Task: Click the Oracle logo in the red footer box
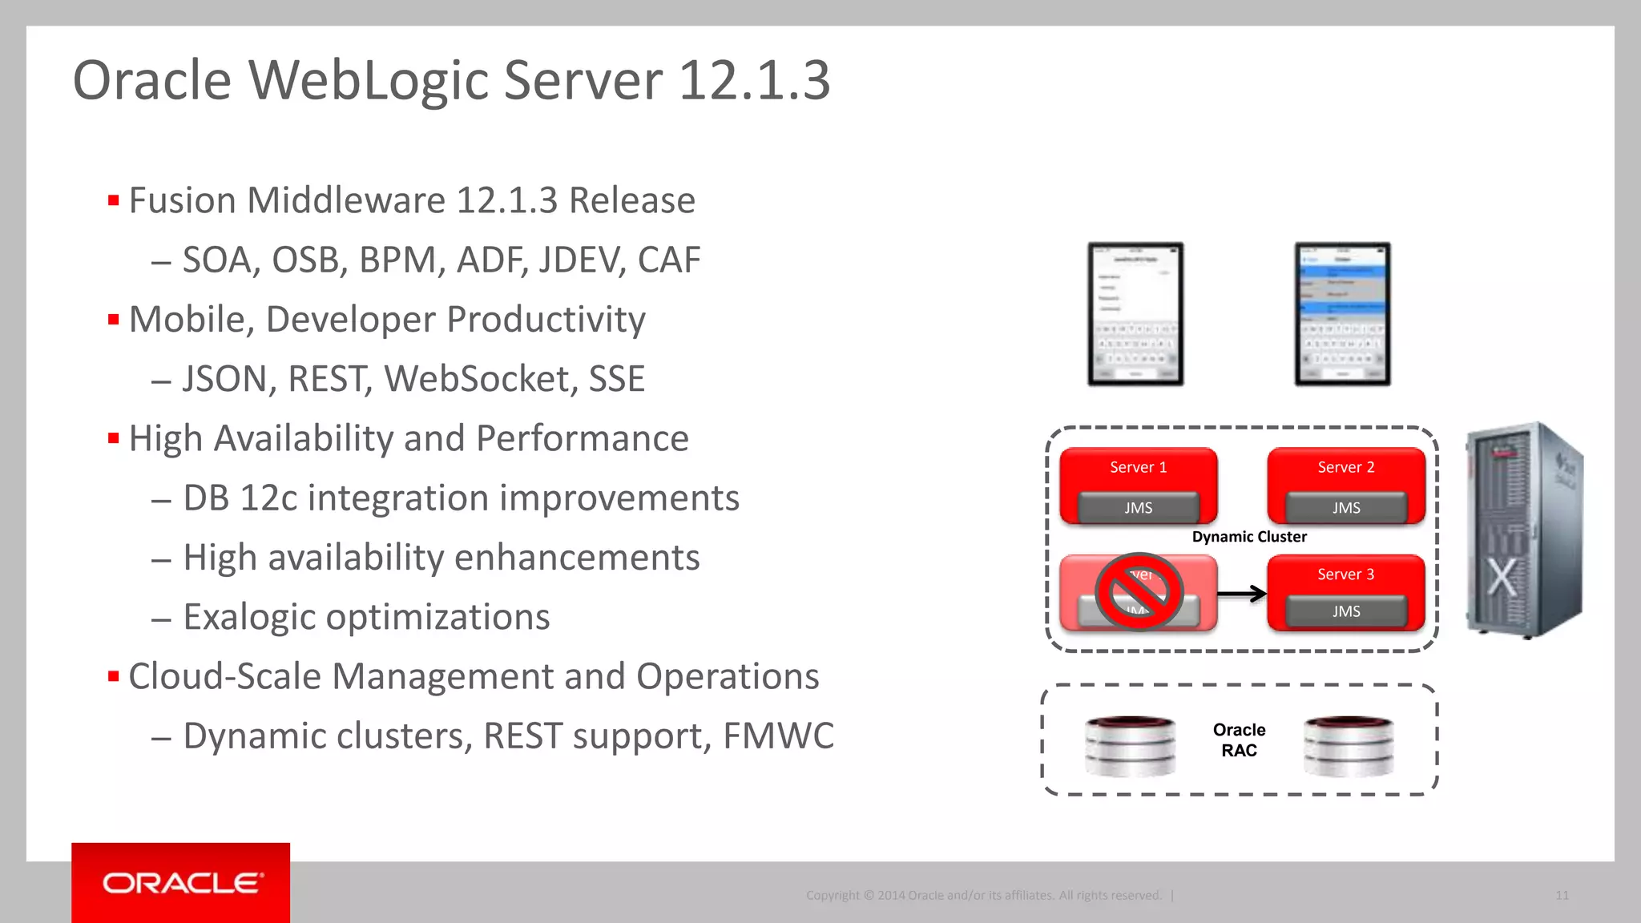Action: [182, 883]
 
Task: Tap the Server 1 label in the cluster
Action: [1138, 467]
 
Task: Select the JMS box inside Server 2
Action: [1346, 508]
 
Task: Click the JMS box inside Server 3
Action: [1346, 611]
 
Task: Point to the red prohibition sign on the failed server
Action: [1139, 592]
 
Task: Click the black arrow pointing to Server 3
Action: [1242, 594]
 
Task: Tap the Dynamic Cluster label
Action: [1249, 537]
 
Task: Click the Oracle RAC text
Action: [1239, 740]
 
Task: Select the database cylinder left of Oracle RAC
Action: [1130, 746]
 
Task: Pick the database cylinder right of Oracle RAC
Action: [1349, 746]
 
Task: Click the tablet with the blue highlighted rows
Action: [1342, 314]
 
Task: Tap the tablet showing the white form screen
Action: [1135, 314]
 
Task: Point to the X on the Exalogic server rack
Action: [1502, 577]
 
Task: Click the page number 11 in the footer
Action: [1562, 895]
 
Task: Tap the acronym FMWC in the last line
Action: [778, 736]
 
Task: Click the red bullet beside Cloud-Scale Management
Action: [113, 677]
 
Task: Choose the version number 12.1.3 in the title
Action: [754, 80]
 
